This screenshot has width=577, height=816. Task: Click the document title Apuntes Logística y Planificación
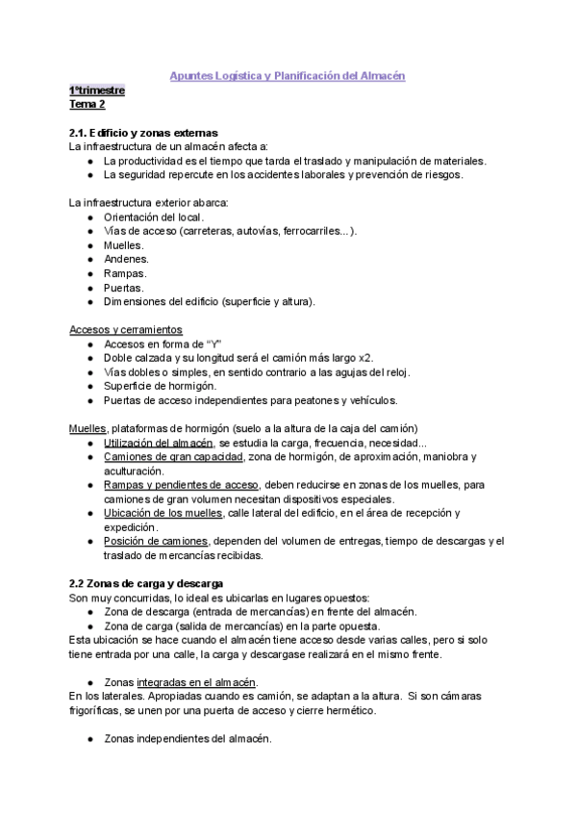288,75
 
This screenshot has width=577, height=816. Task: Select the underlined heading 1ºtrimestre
96,89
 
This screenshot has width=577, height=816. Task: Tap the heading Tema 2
88,104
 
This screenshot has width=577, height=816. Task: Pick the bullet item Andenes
127,259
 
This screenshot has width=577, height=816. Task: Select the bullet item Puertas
125,287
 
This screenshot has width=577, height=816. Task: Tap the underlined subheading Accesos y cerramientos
126,329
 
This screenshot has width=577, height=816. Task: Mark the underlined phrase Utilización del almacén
158,442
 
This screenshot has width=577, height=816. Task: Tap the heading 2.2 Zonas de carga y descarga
146,583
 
